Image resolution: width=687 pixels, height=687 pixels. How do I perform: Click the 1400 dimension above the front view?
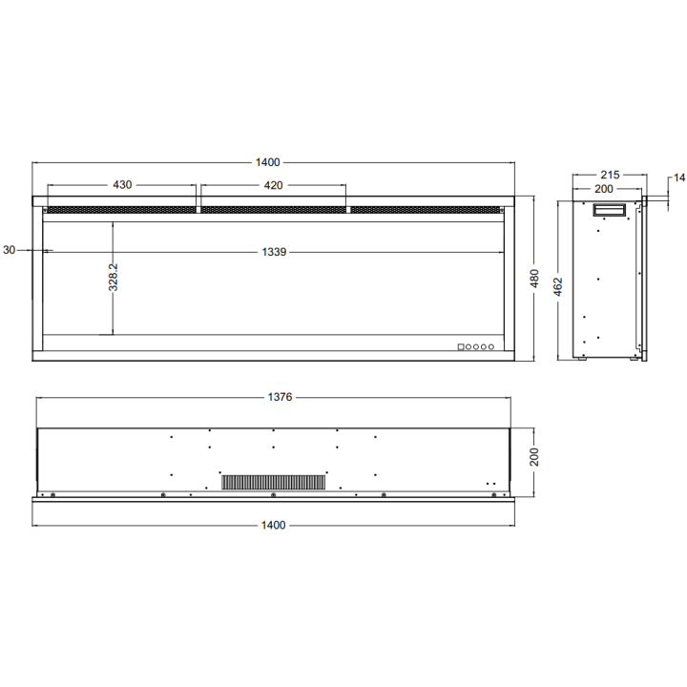click(x=268, y=162)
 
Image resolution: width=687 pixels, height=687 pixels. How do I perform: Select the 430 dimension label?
click(x=122, y=185)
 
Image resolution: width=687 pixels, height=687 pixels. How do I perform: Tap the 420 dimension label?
click(x=273, y=185)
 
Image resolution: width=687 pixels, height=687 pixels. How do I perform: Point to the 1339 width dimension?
click(x=274, y=252)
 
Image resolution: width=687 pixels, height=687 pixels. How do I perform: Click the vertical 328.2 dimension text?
click(x=113, y=277)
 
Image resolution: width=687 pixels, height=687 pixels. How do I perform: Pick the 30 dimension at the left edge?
click(x=9, y=250)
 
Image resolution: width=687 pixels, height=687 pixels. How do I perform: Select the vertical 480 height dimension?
click(x=534, y=279)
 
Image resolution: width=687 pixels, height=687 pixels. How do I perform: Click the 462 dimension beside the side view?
click(x=558, y=287)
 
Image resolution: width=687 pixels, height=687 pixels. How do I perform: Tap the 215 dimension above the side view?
click(x=610, y=175)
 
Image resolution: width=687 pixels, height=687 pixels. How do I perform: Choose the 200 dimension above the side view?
click(x=604, y=189)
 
